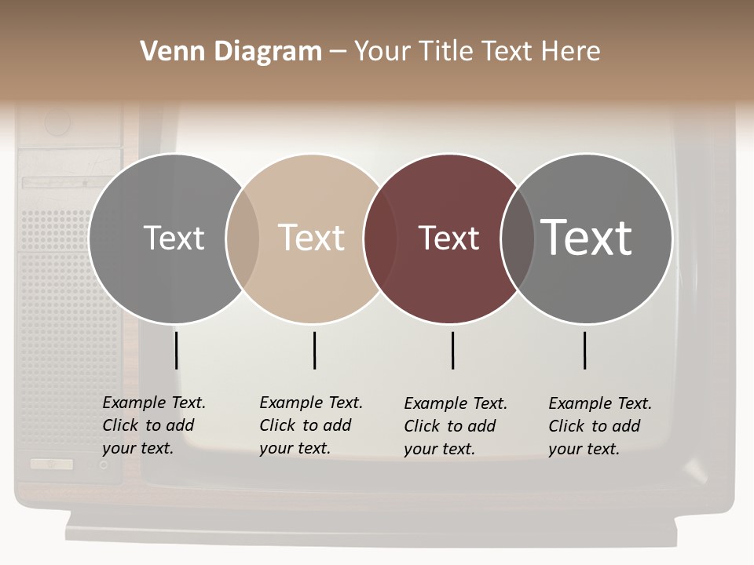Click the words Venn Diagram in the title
tap(230, 52)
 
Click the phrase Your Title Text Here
tap(477, 52)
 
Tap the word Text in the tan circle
tap(312, 238)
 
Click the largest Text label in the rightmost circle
tap(586, 237)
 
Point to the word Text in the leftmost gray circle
tap(174, 238)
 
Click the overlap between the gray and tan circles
tap(243, 239)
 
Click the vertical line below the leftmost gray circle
tap(176, 350)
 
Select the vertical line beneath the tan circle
tap(314, 350)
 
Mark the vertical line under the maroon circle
tap(452, 350)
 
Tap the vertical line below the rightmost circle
tap(584, 350)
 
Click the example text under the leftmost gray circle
tap(153, 425)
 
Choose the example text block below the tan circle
tap(310, 425)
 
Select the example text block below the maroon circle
tap(455, 426)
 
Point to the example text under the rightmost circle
tap(599, 426)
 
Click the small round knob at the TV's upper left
tap(57, 122)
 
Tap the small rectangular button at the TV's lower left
tap(52, 464)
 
